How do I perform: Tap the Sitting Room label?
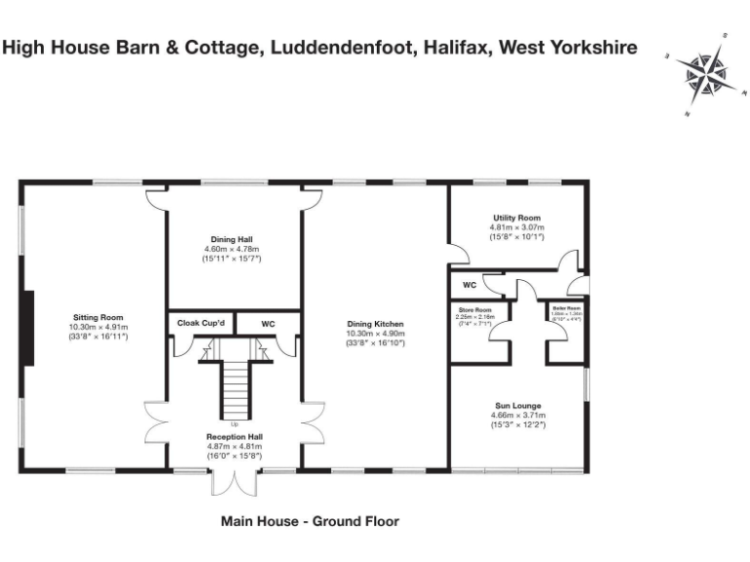pos(97,317)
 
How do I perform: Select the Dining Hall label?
pos(233,238)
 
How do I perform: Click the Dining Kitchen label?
pos(375,324)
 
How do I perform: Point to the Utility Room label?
pos(516,218)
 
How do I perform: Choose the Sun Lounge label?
pos(518,405)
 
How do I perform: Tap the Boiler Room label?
pos(566,308)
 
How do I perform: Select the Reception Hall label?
pos(233,436)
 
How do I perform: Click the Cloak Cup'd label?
pos(200,323)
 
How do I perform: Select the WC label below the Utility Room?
pos(469,286)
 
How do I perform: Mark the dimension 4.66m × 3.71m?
pos(518,416)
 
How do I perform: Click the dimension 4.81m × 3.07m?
pos(516,227)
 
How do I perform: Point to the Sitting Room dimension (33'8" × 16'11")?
pos(97,337)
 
